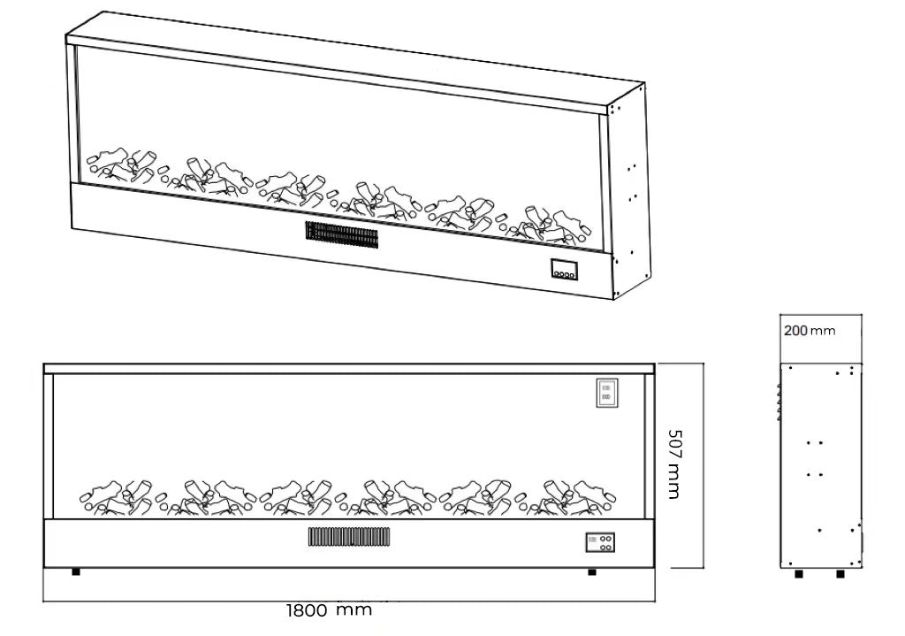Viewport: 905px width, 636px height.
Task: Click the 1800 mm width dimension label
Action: (329, 610)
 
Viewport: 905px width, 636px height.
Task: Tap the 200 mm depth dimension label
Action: (809, 331)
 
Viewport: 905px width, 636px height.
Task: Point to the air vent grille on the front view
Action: (349, 536)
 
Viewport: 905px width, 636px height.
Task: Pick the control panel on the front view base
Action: (600, 541)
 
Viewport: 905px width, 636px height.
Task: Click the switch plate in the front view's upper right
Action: (607, 393)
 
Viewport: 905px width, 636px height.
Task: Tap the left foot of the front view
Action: (76, 571)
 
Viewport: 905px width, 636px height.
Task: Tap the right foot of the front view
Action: (591, 571)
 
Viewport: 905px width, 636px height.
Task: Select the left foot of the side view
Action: (799, 573)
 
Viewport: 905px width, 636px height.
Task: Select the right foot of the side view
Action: (840, 573)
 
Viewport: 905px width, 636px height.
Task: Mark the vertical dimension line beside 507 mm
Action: (703, 464)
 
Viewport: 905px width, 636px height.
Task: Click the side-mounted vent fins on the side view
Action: (779, 402)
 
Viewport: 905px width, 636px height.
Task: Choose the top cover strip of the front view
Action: (349, 366)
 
